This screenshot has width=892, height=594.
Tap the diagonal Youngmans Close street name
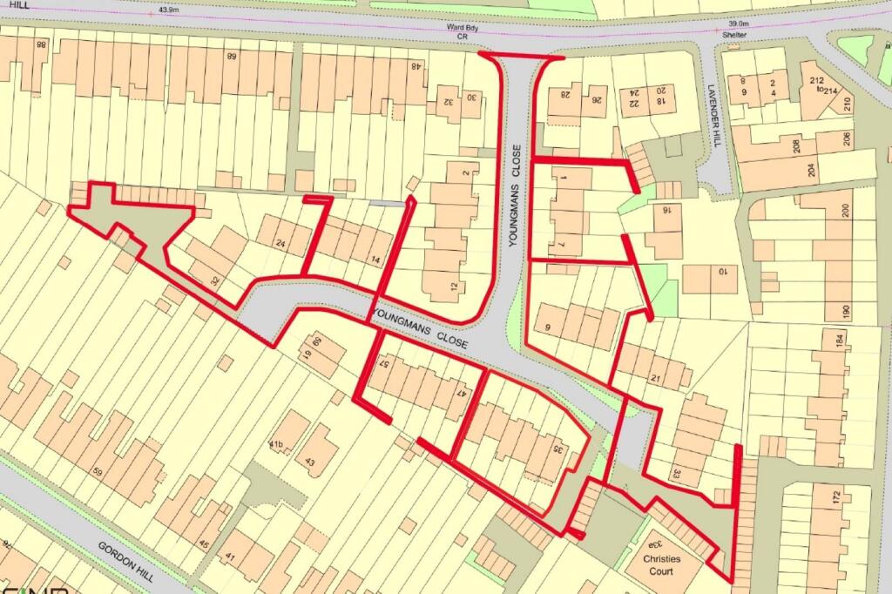[420, 327]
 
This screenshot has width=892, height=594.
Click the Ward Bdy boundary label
[457, 28]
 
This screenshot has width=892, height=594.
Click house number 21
[656, 378]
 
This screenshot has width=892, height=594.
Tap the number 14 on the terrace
[375, 260]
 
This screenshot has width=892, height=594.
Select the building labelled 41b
[276, 445]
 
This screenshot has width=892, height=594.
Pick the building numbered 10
[722, 272]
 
